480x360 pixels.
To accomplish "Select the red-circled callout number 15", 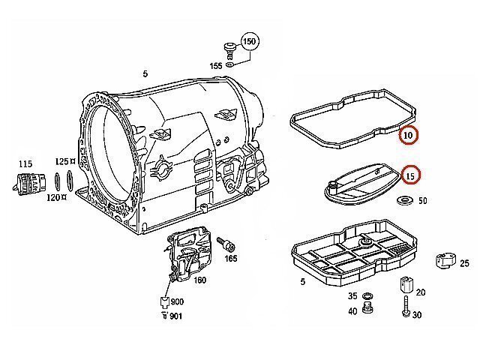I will coord(410,175).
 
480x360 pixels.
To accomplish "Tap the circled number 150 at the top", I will coord(249,42).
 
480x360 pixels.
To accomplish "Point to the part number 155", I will coord(215,67).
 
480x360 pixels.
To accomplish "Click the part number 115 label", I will coord(25,163).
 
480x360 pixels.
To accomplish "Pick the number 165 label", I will coord(230,258).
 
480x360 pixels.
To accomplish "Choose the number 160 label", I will coord(200,280).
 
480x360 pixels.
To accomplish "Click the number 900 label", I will coord(177,301).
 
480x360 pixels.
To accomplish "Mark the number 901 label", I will coord(175,316).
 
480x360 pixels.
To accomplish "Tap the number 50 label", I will coord(422,201).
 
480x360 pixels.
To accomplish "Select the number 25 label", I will coord(463,262).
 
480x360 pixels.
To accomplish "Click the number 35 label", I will coord(352,297).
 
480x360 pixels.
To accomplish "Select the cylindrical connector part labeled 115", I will coord(27,184).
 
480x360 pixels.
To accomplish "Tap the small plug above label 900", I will coord(163,302).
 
